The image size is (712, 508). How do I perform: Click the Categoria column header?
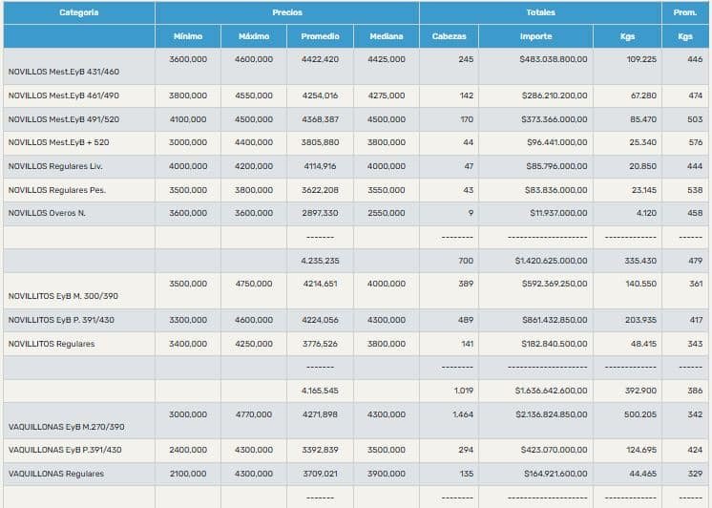point(78,12)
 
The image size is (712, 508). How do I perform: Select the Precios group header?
point(286,12)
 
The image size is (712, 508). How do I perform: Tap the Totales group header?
point(540,12)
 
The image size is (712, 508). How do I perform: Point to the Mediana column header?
point(386,36)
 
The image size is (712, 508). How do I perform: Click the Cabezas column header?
point(449,36)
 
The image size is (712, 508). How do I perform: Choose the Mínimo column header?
point(188,36)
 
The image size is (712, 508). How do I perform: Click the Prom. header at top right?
point(685,12)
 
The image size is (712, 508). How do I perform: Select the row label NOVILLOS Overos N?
point(47,212)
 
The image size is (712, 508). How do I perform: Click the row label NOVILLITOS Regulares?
point(52,344)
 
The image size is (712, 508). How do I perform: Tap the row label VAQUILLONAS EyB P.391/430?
point(63,450)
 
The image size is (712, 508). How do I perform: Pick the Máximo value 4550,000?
point(254,95)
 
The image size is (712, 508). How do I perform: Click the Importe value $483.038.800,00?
point(554,59)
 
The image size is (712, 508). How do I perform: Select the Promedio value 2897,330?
point(320,212)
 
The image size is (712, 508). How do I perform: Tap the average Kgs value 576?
point(695,142)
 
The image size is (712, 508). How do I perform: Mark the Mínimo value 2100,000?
point(188,473)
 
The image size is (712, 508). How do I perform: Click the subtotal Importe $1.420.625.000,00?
point(551,260)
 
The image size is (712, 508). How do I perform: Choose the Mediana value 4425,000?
point(386,59)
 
